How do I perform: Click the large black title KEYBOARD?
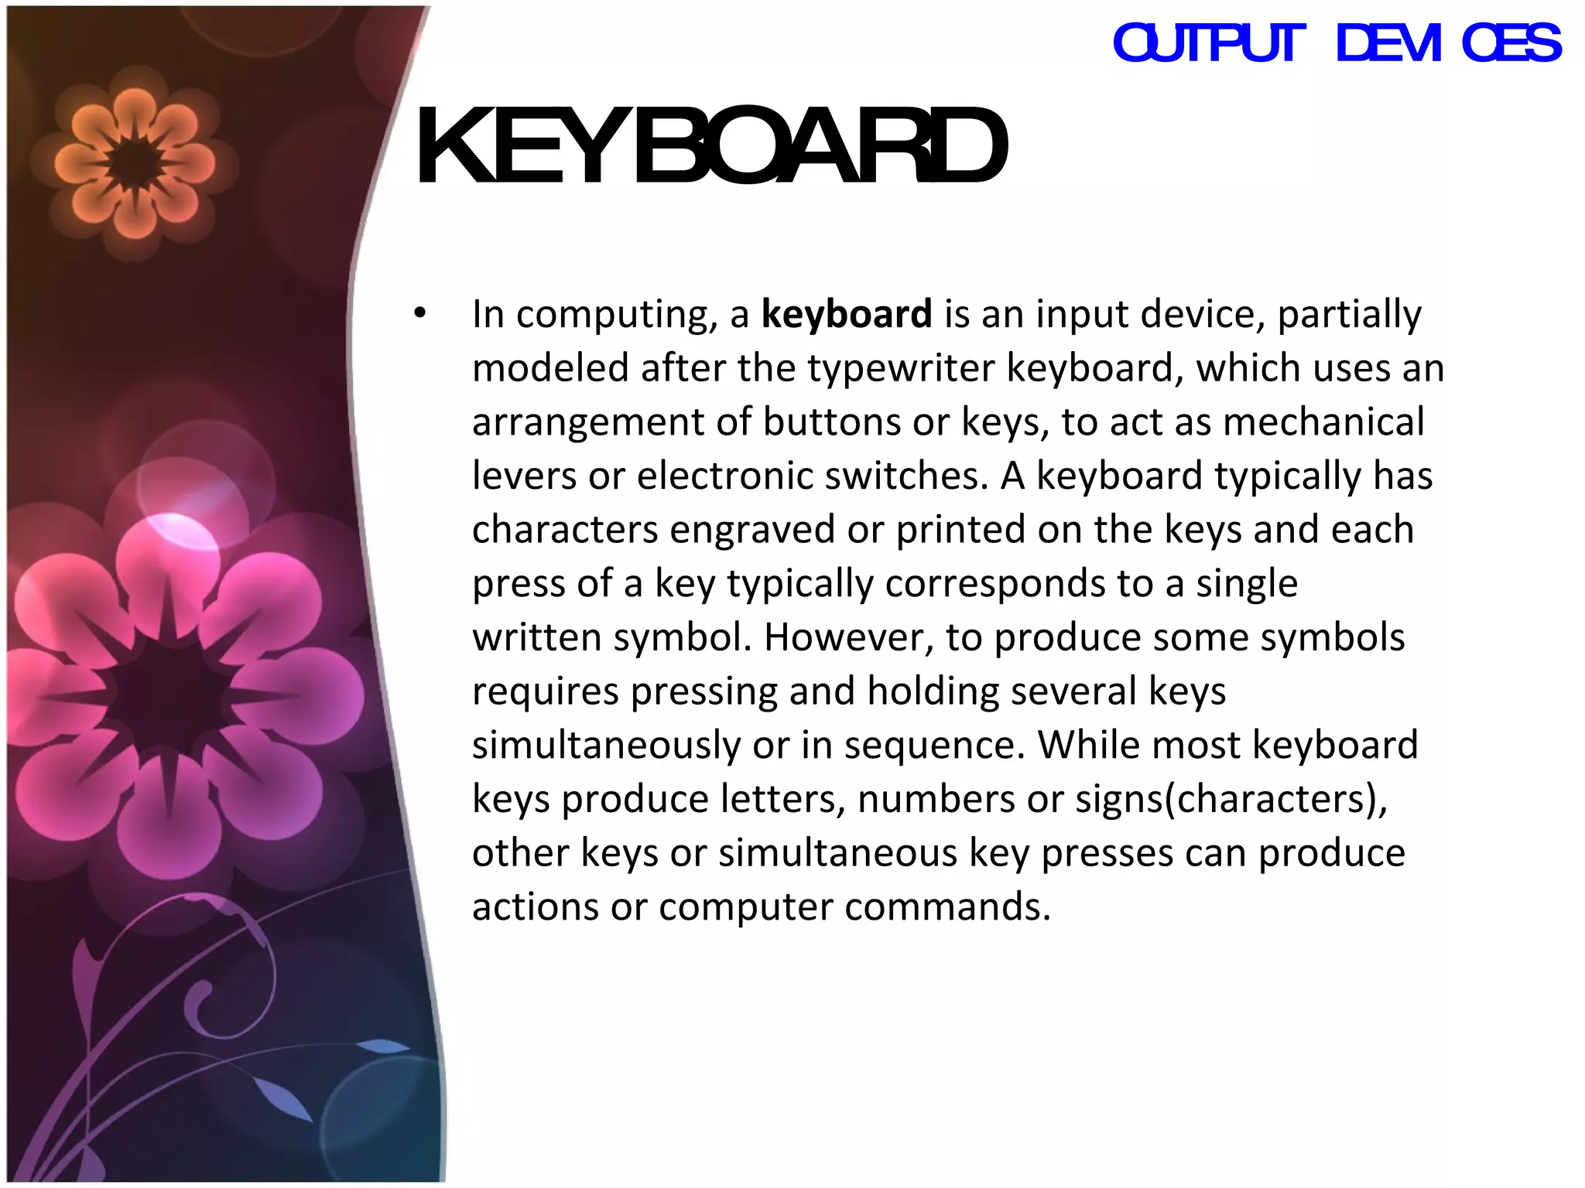(710, 147)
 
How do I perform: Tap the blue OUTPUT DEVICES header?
(1337, 43)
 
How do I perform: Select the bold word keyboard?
(846, 314)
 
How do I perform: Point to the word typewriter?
(901, 368)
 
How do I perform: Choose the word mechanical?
(1323, 422)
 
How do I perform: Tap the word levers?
(524, 476)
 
